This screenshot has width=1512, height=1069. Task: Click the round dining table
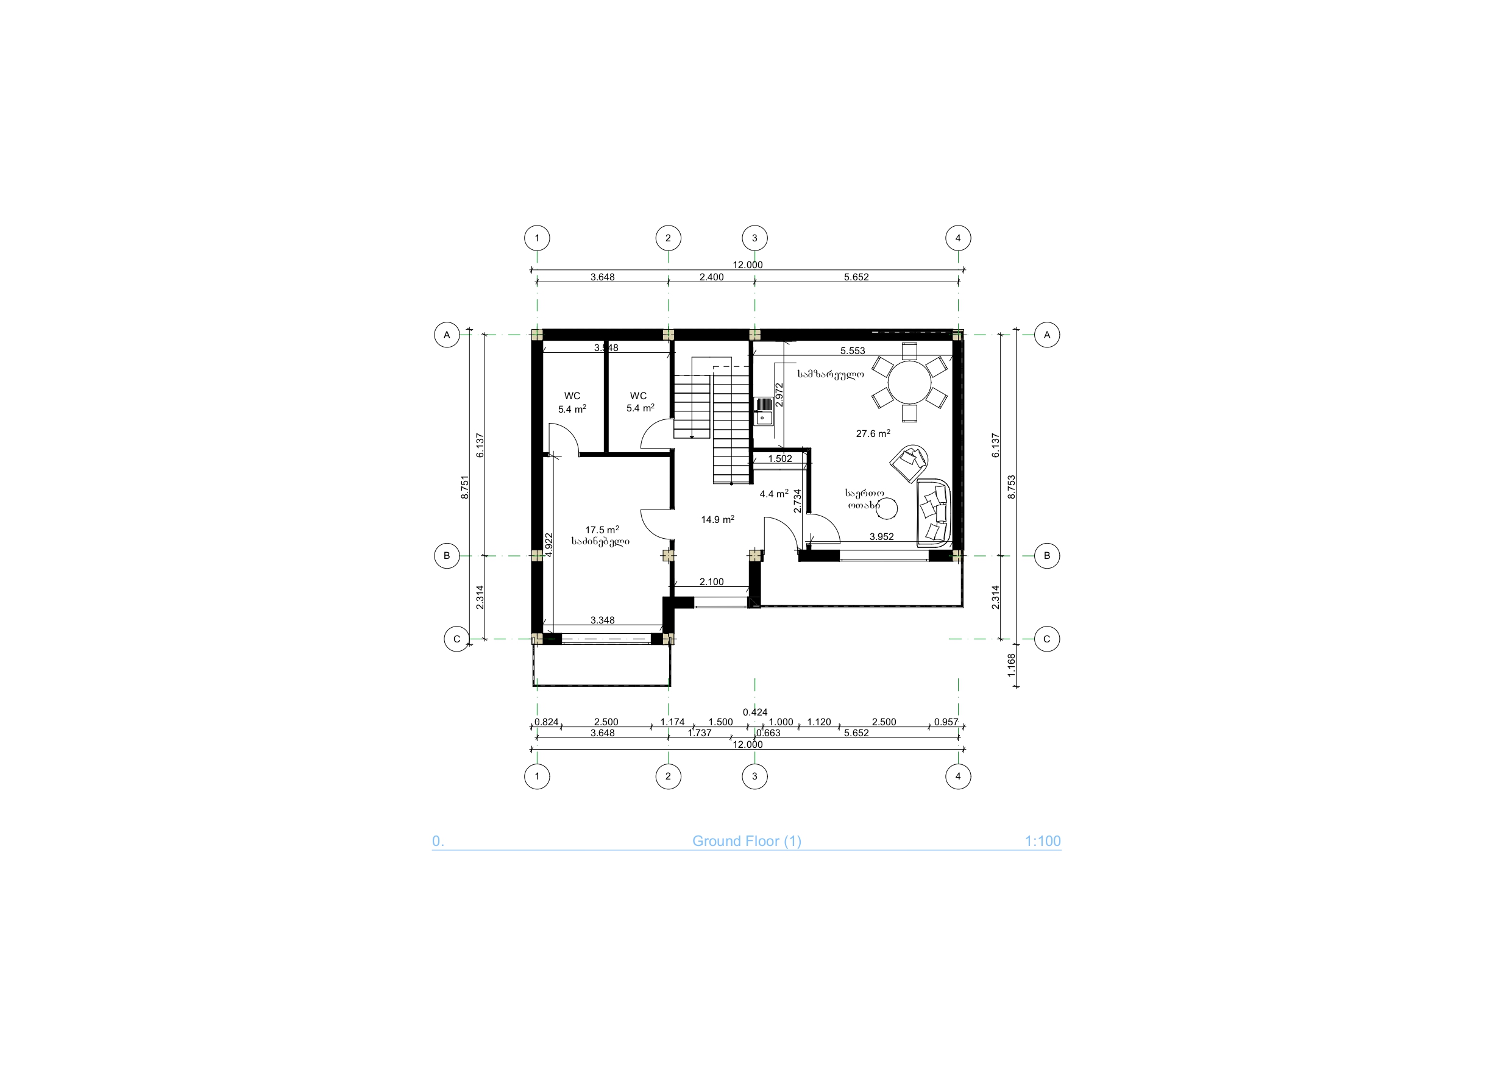[909, 382]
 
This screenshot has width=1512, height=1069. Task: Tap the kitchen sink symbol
[763, 411]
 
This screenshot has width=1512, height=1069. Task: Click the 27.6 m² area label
[873, 433]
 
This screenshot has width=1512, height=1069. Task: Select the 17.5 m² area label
[602, 530]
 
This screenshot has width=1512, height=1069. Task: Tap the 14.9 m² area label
[718, 520]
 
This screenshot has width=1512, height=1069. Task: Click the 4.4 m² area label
[774, 493]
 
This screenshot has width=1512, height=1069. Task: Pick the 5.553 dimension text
[853, 351]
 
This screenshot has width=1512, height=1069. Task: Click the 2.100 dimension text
[711, 581]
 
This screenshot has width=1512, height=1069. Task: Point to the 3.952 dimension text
[882, 537]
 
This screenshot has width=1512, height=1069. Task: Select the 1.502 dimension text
[780, 458]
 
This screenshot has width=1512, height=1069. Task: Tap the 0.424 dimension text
[754, 712]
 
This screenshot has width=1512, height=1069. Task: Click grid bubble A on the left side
[447, 335]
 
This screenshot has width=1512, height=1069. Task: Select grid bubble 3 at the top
[754, 238]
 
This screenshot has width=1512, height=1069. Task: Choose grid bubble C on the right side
[1047, 639]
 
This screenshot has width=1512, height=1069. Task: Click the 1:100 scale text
[1043, 841]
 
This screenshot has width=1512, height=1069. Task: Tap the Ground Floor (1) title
[747, 841]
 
